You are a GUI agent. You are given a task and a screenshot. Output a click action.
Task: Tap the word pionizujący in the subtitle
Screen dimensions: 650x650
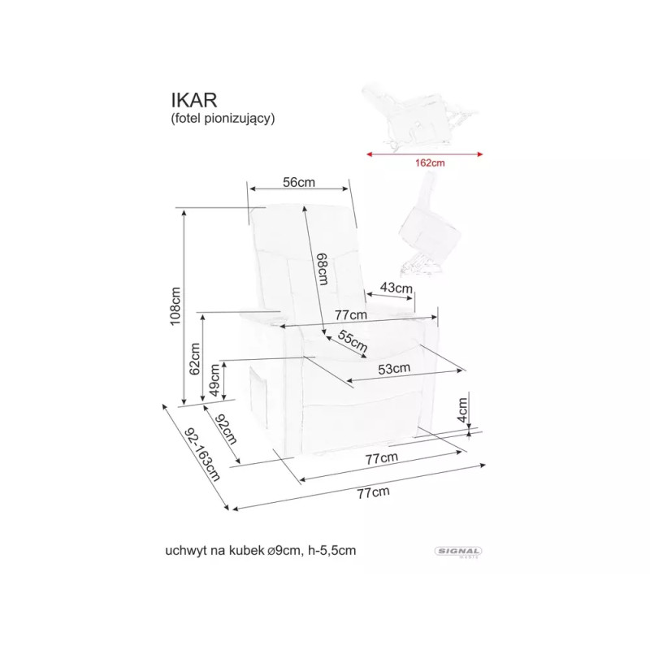pos(240,118)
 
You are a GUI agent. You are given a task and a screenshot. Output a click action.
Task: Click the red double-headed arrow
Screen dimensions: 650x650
pos(423,152)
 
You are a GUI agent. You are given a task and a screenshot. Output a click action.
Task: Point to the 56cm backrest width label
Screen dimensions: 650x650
pos(298,183)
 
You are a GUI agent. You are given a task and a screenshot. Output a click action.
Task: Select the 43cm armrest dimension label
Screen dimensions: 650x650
pos(397,288)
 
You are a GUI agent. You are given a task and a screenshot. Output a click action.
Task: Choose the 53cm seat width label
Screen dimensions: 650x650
pos(394,368)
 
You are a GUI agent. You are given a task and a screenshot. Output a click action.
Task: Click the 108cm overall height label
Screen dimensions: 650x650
pos(175,305)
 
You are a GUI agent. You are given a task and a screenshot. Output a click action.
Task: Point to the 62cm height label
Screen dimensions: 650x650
pos(196,355)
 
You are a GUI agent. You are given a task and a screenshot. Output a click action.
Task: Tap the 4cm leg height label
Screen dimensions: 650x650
pos(462,410)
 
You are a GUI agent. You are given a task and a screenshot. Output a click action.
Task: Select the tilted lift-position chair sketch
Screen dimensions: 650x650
pos(428,223)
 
